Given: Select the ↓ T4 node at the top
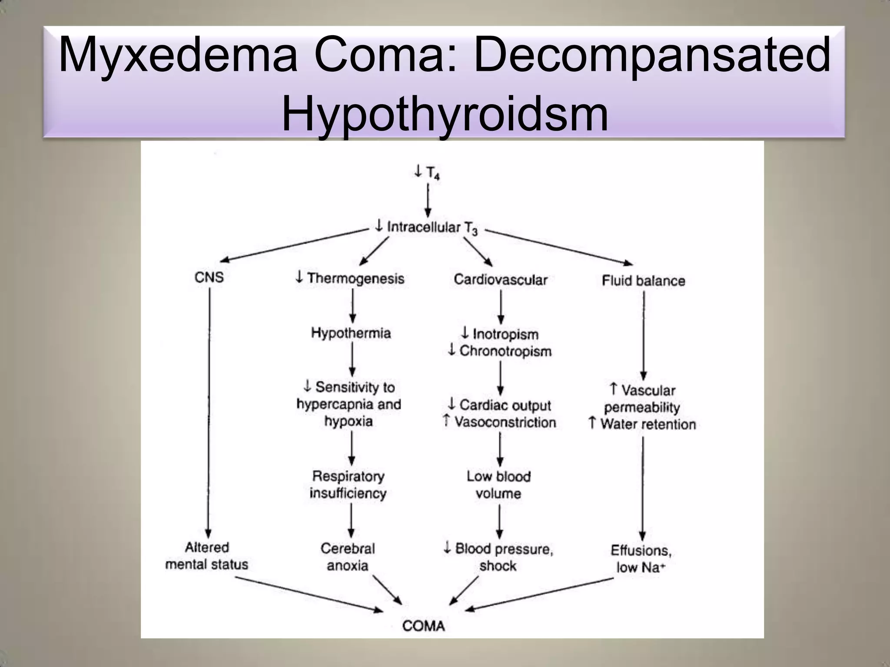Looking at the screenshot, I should (427, 173).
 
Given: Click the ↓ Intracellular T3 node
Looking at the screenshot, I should (426, 227).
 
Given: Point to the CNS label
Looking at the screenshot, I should (209, 277).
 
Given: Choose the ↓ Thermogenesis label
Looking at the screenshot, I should (350, 278).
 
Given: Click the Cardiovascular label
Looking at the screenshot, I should (501, 280).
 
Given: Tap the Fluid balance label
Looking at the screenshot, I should (643, 281).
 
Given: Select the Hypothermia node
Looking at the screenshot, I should (351, 333).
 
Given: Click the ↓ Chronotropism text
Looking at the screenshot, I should (500, 351).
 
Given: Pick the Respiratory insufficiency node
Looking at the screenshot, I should (348, 485).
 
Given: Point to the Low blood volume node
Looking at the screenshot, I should (498, 485).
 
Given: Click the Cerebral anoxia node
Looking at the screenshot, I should (348, 557).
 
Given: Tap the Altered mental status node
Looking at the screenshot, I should (207, 556).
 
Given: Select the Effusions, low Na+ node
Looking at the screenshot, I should (641, 559).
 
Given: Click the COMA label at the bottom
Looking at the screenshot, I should (424, 626).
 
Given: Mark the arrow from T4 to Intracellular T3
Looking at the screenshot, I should (428, 201).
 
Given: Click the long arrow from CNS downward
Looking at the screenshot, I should (209, 413).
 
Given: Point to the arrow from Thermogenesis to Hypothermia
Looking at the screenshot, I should (352, 306).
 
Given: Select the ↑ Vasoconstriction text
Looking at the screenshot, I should (500, 422).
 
